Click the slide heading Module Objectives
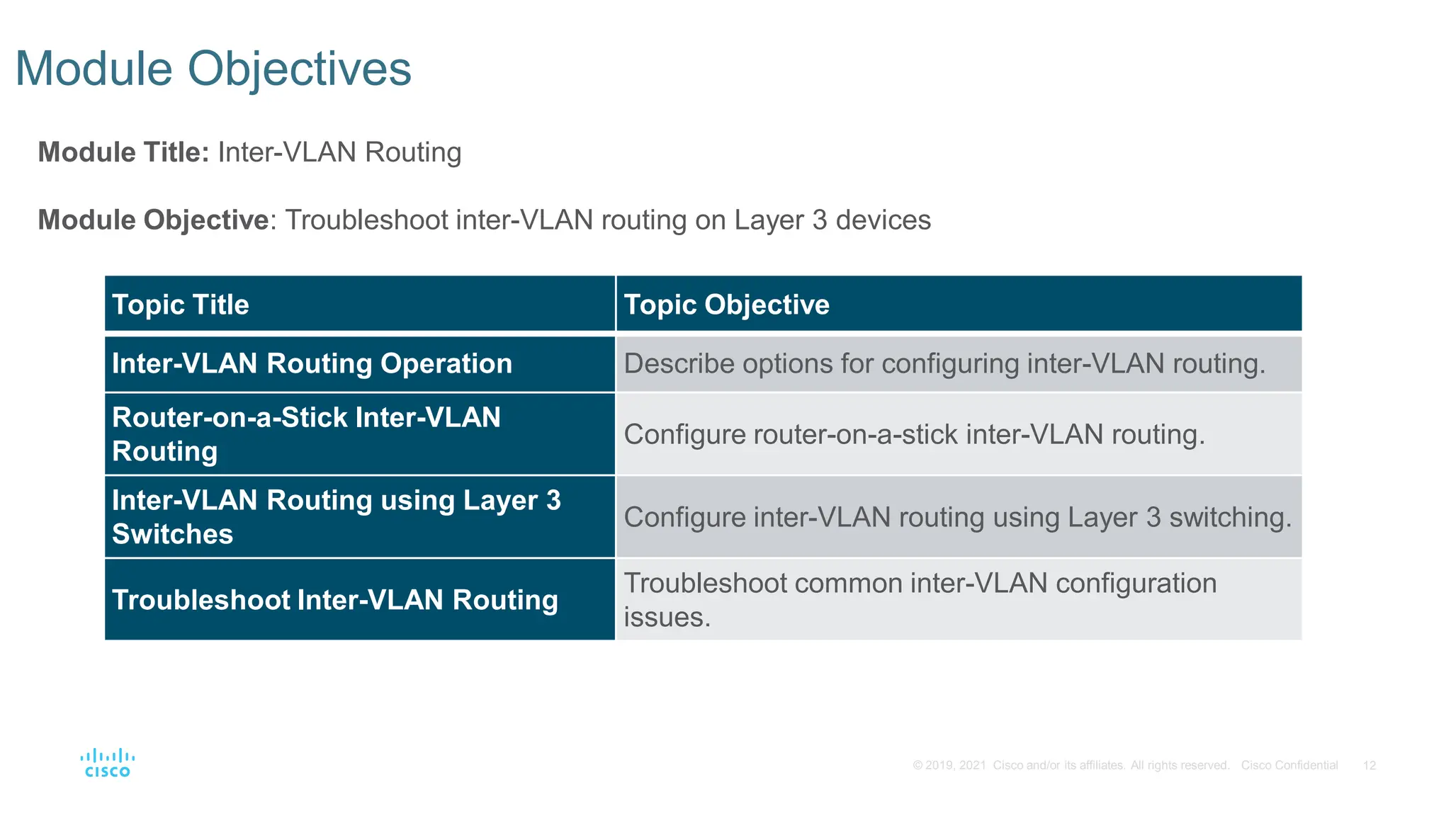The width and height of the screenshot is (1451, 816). pyautogui.click(x=213, y=69)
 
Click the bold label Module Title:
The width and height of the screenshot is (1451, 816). pyautogui.click(x=123, y=152)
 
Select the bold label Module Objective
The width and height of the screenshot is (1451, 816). pyautogui.click(x=153, y=220)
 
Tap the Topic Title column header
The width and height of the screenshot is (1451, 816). pyautogui.click(x=181, y=305)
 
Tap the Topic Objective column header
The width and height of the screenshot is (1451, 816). pyautogui.click(x=726, y=305)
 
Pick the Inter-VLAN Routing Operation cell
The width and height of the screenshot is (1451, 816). pyautogui.click(x=312, y=363)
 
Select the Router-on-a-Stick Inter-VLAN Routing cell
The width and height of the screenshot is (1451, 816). pyautogui.click(x=306, y=433)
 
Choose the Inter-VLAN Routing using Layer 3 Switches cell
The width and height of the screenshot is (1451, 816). pyautogui.click(x=336, y=516)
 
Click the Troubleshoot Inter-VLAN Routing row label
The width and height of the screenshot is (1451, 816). pyautogui.click(x=335, y=600)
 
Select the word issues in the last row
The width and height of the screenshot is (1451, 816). pyautogui.click(x=667, y=617)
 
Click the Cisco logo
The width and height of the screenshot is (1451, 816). pyautogui.click(x=108, y=763)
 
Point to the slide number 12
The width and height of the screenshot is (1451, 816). pyautogui.click(x=1370, y=766)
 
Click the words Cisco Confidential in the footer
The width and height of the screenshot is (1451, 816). pyautogui.click(x=1289, y=766)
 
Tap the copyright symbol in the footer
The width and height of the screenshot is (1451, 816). pyautogui.click(x=918, y=766)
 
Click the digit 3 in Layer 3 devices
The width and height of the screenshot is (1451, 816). pyautogui.click(x=820, y=220)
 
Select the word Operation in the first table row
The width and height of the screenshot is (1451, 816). pyautogui.click(x=446, y=363)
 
